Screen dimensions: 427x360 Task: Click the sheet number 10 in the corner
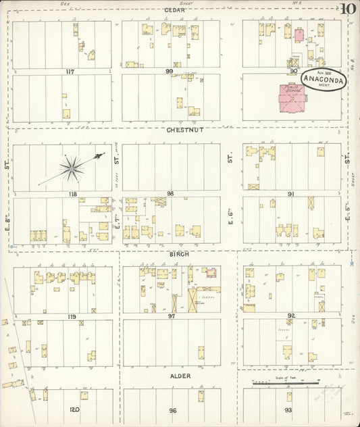click(x=348, y=9)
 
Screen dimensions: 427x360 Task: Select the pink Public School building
click(x=292, y=98)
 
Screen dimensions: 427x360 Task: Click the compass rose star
click(x=72, y=166)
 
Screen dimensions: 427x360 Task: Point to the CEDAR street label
click(x=174, y=10)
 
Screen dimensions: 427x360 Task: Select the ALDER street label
click(x=180, y=376)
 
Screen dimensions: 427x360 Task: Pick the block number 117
click(x=70, y=71)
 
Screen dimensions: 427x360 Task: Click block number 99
click(x=170, y=71)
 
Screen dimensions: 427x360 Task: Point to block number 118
click(x=72, y=194)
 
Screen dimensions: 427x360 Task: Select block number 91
click(x=292, y=194)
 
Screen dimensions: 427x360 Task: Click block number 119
click(x=72, y=316)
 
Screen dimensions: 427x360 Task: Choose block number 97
click(x=172, y=316)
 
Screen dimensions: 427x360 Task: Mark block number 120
click(x=74, y=409)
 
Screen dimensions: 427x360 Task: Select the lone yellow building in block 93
click(x=289, y=397)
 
